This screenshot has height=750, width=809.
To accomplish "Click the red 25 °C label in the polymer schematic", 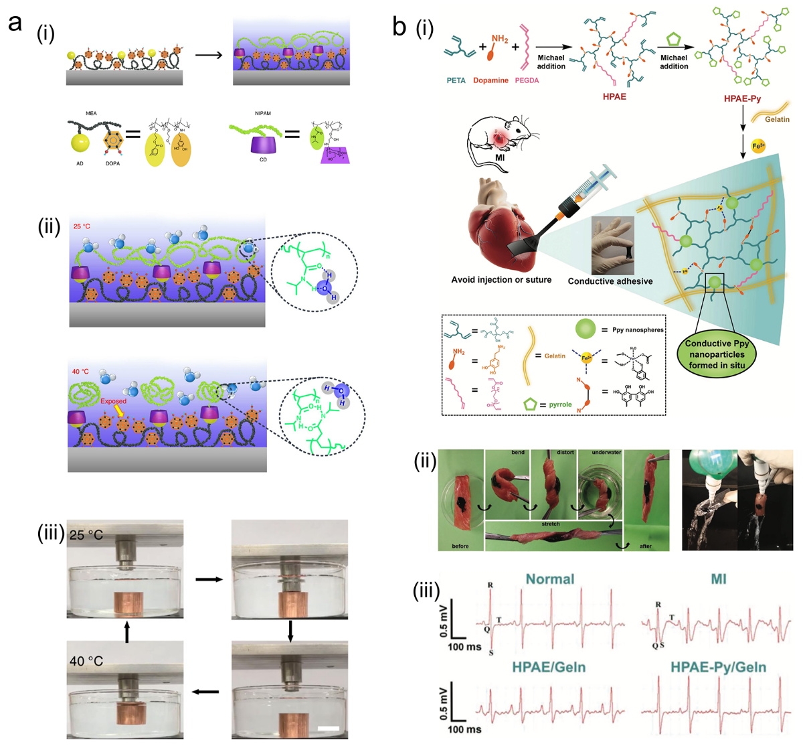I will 82,226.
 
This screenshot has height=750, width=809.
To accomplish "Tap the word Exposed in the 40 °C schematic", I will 113,401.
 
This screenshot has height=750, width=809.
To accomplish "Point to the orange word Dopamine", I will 490,80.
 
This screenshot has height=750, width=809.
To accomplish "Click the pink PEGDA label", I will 527,80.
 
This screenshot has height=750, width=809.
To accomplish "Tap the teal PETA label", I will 456,80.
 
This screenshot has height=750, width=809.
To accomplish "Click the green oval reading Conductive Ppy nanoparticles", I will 717,354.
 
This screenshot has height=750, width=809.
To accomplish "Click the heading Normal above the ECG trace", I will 549,579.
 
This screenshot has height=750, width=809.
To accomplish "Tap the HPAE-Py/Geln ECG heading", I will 718,667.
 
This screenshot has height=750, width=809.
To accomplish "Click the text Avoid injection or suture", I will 501,279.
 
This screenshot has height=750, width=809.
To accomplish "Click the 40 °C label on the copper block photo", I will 86,661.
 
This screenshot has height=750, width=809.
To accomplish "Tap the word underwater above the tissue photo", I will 606,453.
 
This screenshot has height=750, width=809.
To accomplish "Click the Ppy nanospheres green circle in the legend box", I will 586,329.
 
